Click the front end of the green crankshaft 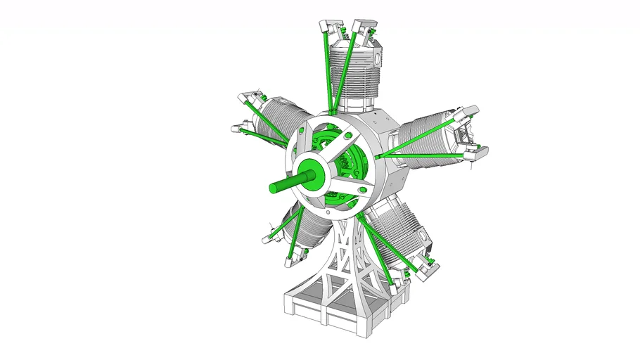(x=273, y=187)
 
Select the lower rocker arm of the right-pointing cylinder (x=475, y=149)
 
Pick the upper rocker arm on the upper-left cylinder (x=246, y=96)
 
